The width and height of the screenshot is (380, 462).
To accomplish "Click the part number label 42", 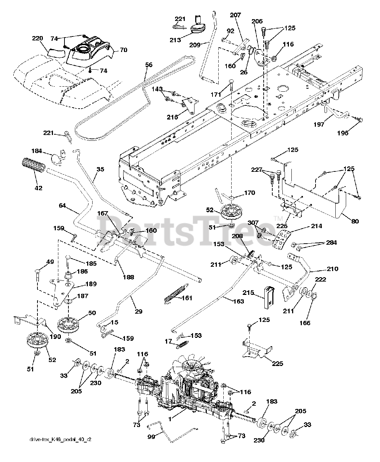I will click(x=38, y=188).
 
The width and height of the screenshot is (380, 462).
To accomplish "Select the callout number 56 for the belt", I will click(x=148, y=65).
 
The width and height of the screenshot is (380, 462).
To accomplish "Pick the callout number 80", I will click(x=355, y=222).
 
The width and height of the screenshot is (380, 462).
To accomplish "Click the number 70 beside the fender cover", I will click(x=123, y=51).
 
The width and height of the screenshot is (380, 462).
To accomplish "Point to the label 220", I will click(x=37, y=38).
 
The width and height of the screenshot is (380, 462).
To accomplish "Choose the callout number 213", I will click(x=175, y=40).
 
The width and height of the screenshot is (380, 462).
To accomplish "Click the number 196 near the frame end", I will click(x=343, y=133).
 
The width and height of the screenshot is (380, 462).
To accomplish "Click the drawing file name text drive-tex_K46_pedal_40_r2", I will click(x=57, y=450).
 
